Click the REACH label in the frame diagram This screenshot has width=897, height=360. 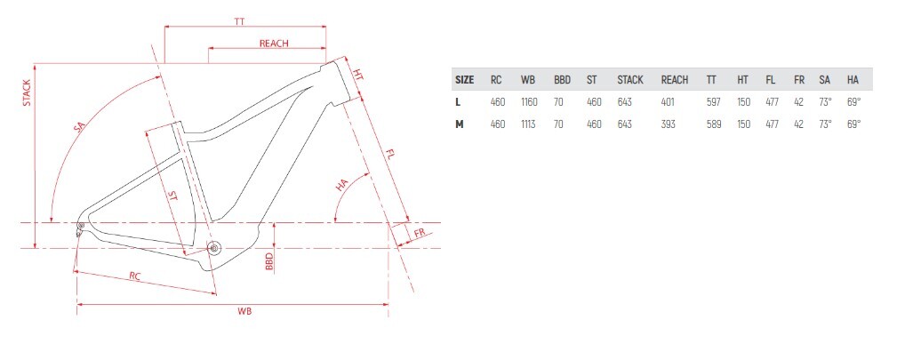point(274,44)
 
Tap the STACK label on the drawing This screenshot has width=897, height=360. point(27,93)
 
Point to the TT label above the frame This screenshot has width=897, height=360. point(239,21)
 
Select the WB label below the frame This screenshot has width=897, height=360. point(244,311)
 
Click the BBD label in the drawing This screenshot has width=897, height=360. point(269,261)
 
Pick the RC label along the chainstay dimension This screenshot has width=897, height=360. point(134,276)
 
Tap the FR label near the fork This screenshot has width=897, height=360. point(420,233)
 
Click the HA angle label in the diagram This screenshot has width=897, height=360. point(342,185)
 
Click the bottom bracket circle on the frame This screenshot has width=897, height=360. point(214,248)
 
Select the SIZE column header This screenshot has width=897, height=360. point(464,80)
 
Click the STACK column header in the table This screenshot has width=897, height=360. point(629,80)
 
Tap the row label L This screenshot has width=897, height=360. point(458,102)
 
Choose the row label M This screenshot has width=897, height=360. point(459,124)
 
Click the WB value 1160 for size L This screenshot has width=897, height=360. point(529,102)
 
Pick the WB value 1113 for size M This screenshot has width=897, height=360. point(528,124)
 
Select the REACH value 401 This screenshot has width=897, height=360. point(668,102)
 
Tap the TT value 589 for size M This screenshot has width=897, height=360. point(714,124)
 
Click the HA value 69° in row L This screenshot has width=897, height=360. point(853,102)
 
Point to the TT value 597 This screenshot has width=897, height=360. point(714,102)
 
